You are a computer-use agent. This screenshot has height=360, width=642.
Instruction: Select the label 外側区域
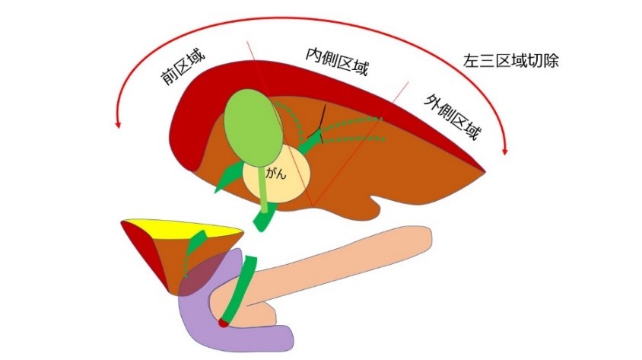(x=453, y=119)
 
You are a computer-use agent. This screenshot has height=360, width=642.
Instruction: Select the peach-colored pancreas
(x=342, y=266)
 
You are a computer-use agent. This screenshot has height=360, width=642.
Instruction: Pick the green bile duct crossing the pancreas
(x=242, y=289)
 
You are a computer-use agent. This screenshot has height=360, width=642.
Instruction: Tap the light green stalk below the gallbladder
(x=263, y=190)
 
